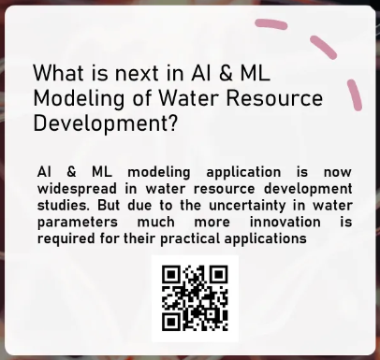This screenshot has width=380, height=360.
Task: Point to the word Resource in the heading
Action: (x=281, y=98)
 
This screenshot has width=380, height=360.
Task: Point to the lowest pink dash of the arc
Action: (x=355, y=94)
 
